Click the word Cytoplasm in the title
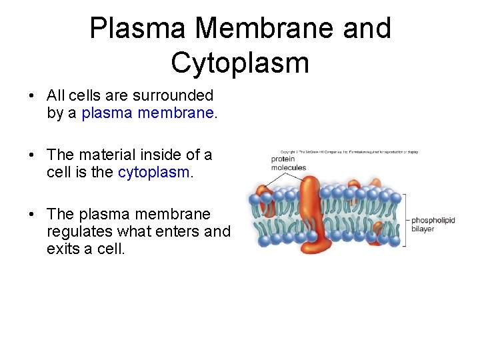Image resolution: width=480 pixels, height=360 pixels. (x=240, y=63)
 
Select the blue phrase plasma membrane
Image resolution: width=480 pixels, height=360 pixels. (x=148, y=113)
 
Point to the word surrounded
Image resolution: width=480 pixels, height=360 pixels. (x=174, y=96)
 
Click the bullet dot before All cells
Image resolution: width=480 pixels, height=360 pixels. (x=32, y=97)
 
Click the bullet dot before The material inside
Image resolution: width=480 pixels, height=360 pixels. (x=32, y=156)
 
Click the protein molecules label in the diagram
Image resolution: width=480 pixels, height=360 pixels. (x=288, y=163)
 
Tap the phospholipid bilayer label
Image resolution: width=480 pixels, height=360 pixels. (x=433, y=225)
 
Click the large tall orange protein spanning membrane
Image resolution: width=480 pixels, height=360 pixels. (x=310, y=213)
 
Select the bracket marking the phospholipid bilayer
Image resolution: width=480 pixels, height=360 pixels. (x=403, y=219)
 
